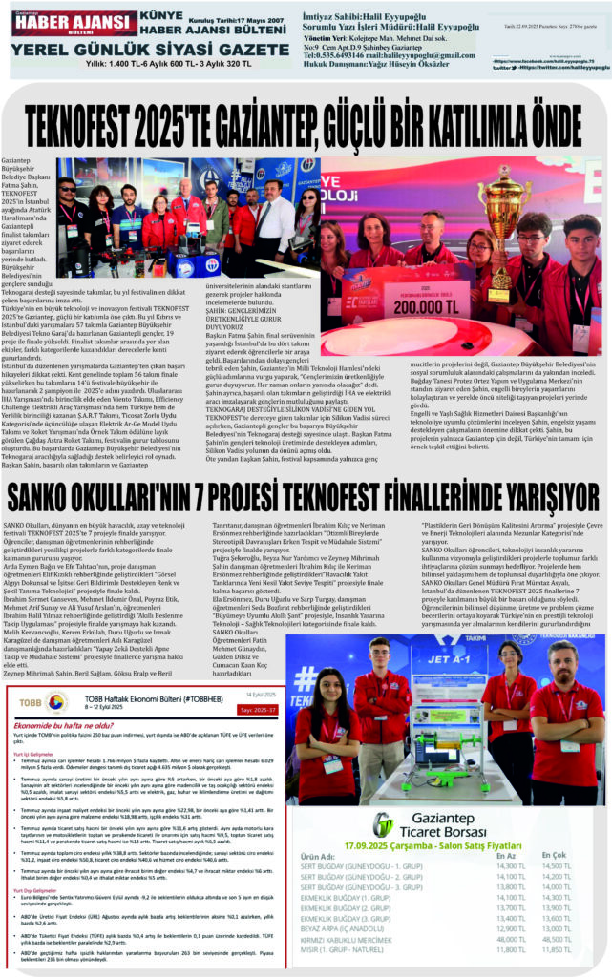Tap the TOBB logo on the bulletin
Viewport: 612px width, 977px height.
coord(49,702)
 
